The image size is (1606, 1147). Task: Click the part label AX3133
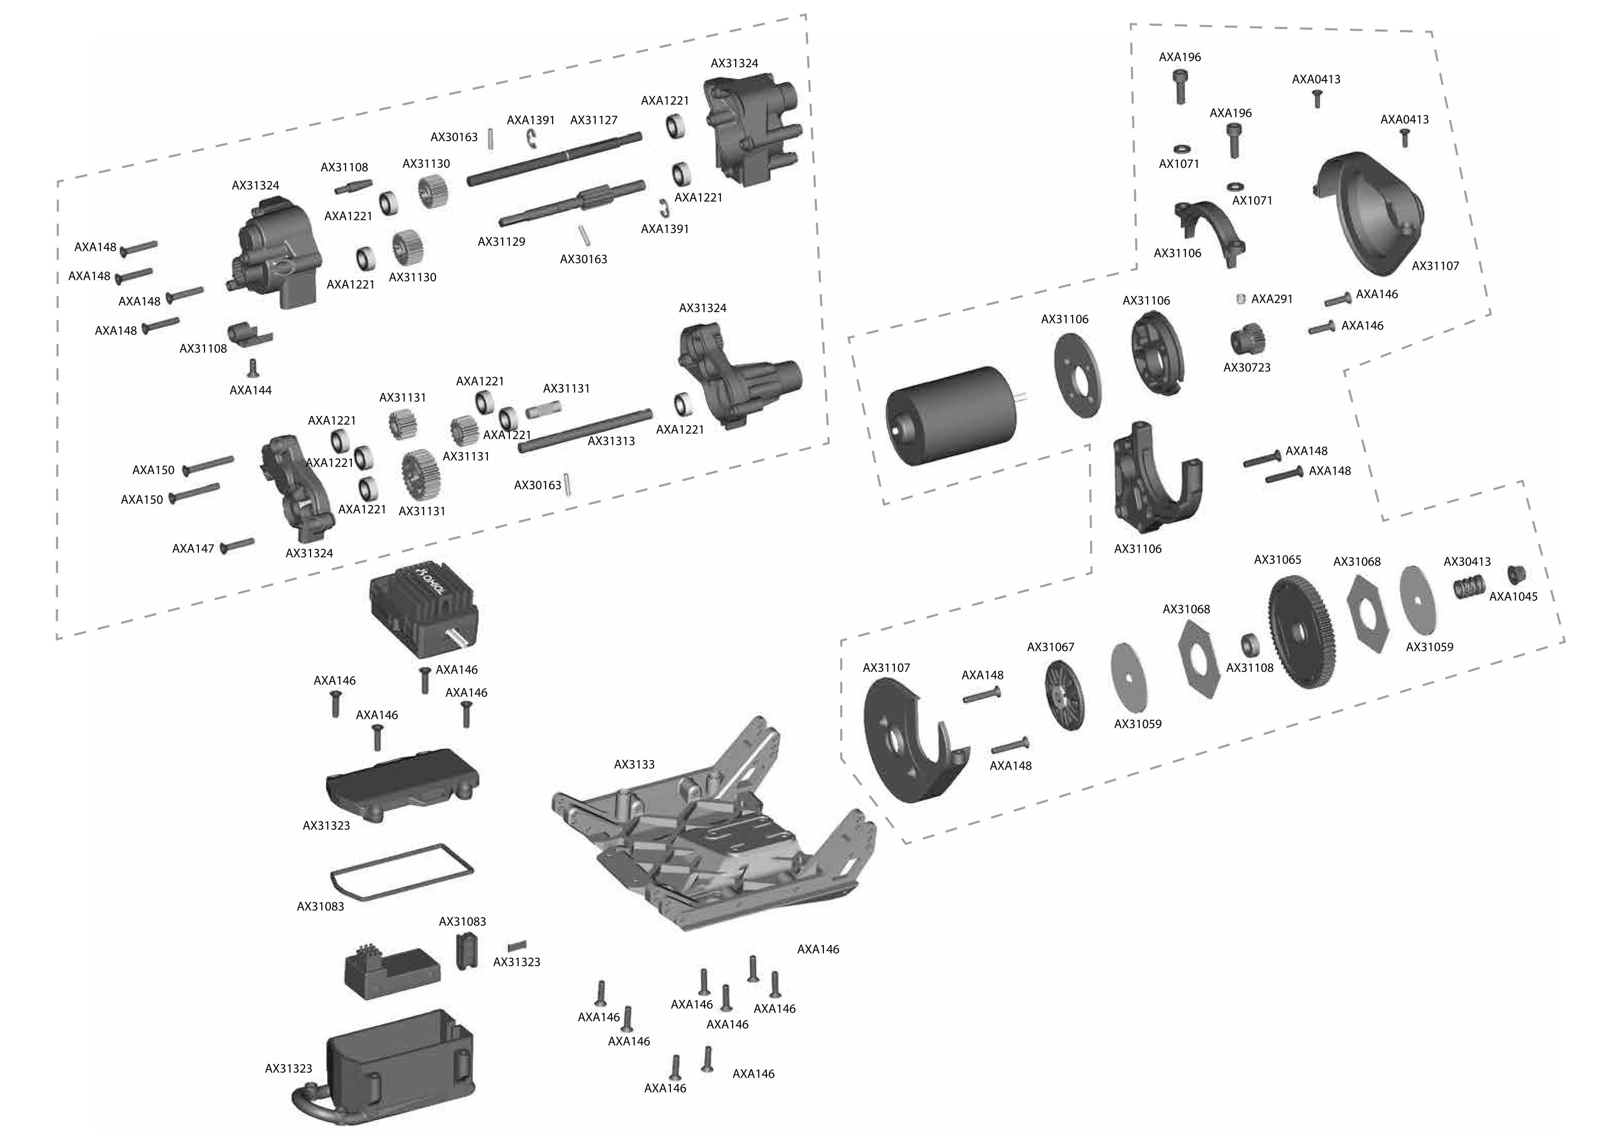pyautogui.click(x=634, y=764)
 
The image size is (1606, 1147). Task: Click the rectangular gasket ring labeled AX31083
pyautogui.click(x=401, y=872)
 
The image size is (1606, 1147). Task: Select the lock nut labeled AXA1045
pyautogui.click(x=1516, y=573)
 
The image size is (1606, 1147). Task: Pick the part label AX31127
pyautogui.click(x=593, y=120)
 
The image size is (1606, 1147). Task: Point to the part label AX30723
pyautogui.click(x=1247, y=367)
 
